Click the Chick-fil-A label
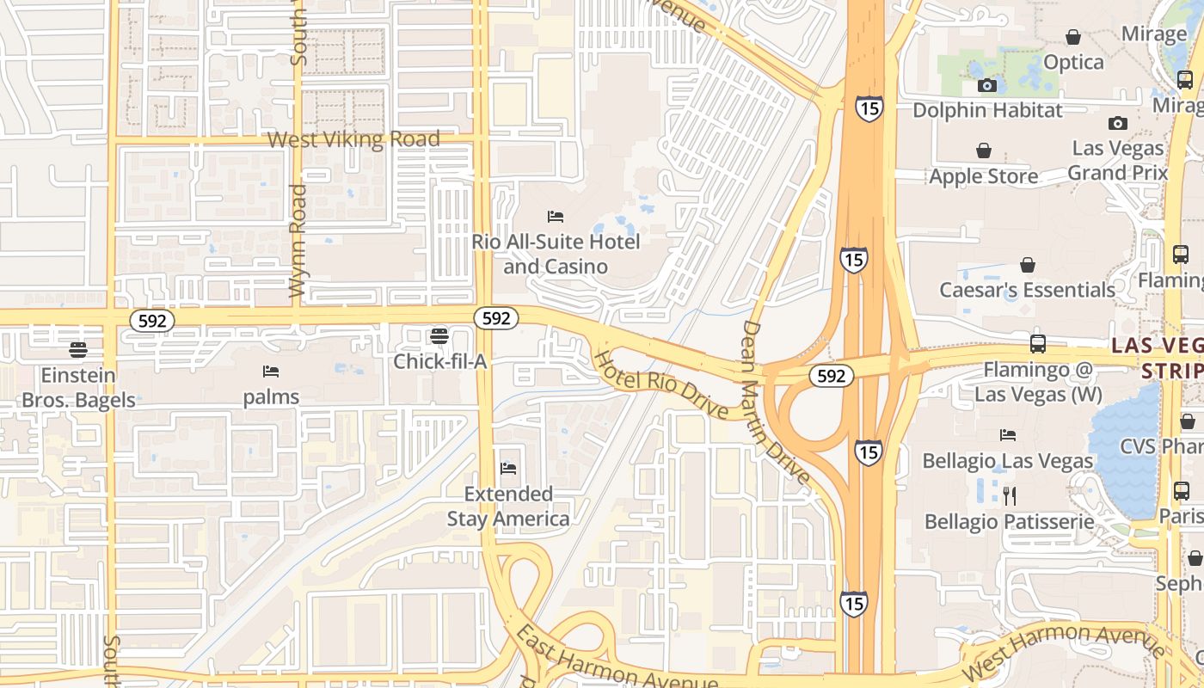439,361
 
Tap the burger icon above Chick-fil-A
439,335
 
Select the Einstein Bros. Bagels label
78,388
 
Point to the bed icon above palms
271,372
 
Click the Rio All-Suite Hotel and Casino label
556,254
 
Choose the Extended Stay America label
508,507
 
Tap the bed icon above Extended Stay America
508,469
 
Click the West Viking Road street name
353,139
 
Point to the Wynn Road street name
298,242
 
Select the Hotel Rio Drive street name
662,384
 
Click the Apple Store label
983,176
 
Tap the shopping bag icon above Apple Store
984,151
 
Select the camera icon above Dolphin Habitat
987,85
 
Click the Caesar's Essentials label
1027,290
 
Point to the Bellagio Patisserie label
1009,521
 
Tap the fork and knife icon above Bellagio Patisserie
1010,495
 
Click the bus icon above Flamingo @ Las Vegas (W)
1038,344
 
